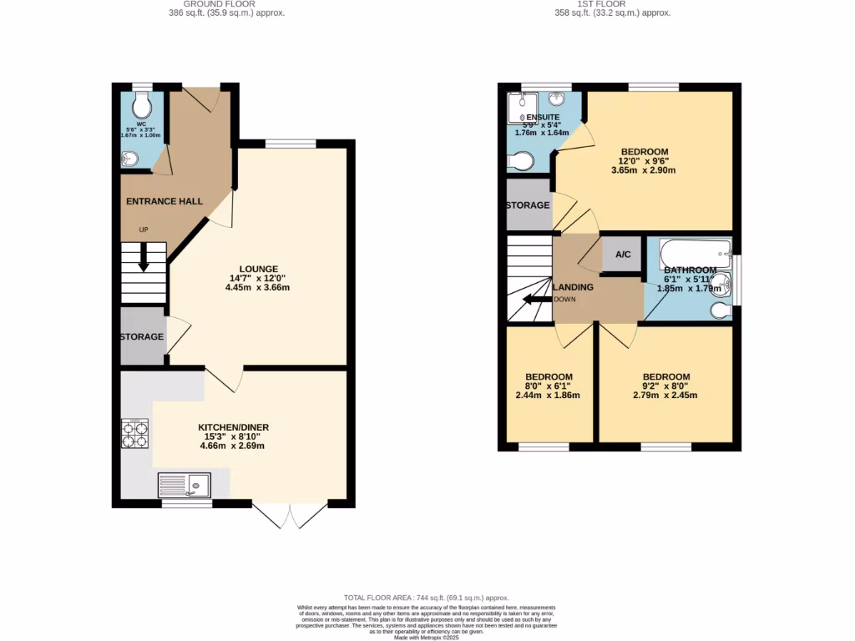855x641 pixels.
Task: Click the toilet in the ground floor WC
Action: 142,104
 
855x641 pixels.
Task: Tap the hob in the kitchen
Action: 135,433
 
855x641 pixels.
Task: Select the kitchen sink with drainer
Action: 185,484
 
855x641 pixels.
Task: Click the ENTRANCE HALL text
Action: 164,201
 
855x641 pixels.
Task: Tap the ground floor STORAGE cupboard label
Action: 141,336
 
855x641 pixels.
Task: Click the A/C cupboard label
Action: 622,255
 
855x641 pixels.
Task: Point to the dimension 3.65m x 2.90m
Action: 643,170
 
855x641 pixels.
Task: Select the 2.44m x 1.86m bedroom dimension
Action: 549,396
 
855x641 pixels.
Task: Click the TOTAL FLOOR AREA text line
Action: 427,598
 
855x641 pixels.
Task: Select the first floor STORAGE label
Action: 528,205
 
